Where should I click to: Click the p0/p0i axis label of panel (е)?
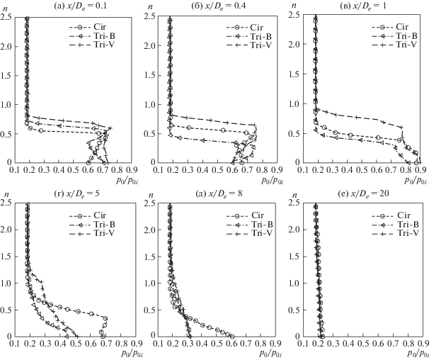click(412, 353)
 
